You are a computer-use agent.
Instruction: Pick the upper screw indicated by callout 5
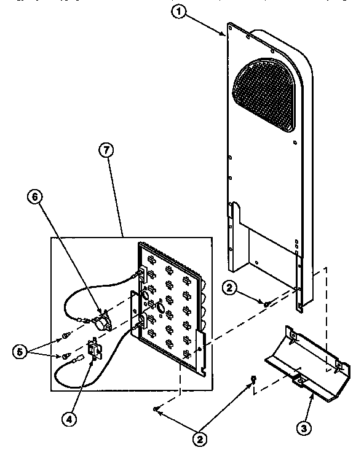pos(65,335)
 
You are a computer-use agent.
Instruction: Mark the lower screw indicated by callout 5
pos(65,355)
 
